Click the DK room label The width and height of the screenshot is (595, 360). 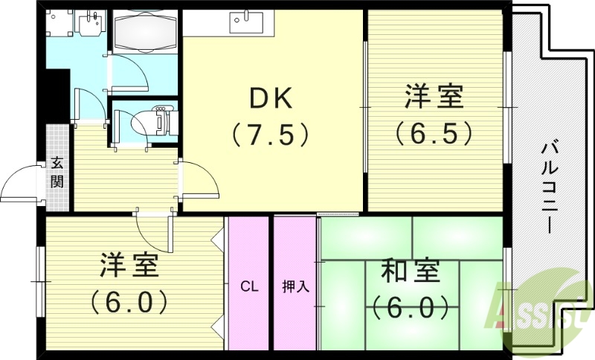pyautogui.click(x=271, y=98)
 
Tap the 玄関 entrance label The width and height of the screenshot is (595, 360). pyautogui.click(x=57, y=170)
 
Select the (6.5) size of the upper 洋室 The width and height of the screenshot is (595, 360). pyautogui.click(x=434, y=132)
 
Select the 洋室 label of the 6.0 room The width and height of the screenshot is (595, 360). pyautogui.click(x=131, y=266)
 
